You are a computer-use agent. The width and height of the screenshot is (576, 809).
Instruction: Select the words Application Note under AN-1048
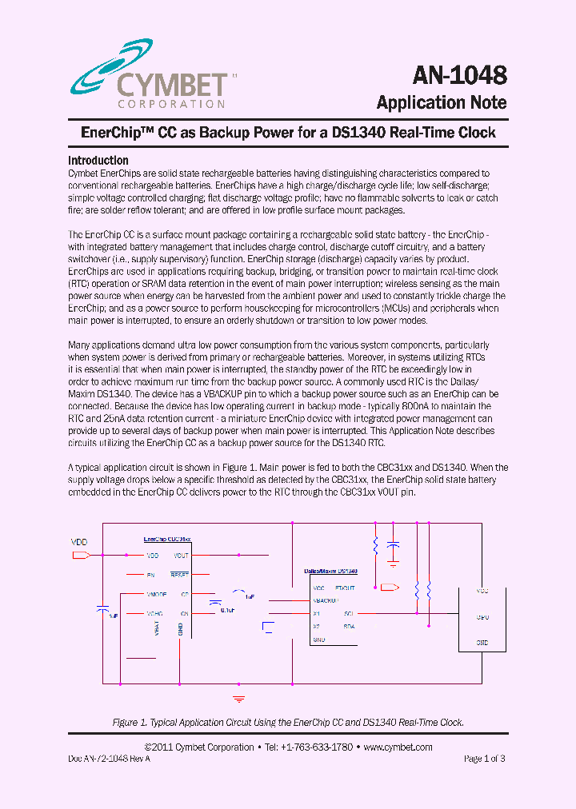[442, 102]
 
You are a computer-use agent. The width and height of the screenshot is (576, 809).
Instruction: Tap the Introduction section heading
[98, 160]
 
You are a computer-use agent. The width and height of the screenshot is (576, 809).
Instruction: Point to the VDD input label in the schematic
[79, 542]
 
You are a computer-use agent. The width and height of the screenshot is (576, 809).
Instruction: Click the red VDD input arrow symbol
[82, 555]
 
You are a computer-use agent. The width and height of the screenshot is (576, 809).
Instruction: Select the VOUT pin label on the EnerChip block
[181, 555]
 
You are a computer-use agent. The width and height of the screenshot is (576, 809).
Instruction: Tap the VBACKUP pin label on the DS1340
[326, 600]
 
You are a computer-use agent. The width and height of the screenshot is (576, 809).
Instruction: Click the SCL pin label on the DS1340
[349, 613]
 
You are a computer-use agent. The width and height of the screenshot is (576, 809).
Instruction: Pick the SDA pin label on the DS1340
[349, 626]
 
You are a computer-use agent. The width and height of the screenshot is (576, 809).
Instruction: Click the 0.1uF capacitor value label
[227, 610]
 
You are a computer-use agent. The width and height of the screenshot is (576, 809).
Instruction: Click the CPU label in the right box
[482, 617]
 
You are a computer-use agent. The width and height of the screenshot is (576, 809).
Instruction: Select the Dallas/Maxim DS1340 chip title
[330, 572]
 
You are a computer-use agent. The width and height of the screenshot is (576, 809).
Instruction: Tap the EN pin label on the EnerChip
[150, 575]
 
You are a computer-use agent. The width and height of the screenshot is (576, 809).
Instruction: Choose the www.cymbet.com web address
[398, 747]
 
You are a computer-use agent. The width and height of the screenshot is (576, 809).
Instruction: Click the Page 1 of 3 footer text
[484, 758]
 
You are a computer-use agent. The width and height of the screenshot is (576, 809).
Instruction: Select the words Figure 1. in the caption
[130, 722]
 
